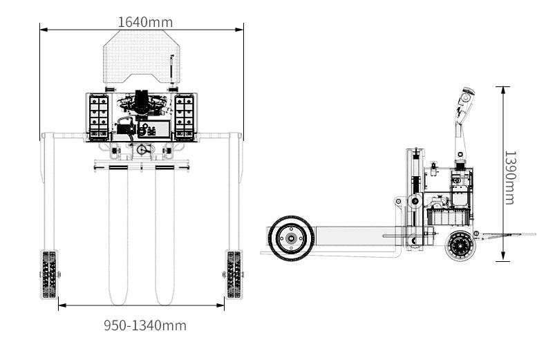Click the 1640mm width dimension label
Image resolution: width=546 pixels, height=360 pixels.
[x=145, y=22]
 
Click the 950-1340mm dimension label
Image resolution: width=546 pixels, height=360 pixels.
[x=145, y=325]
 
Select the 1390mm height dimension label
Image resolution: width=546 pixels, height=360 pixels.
[x=510, y=178]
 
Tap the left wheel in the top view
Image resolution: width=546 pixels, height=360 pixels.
[x=49, y=274]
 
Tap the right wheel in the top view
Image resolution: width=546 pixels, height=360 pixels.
[x=234, y=274]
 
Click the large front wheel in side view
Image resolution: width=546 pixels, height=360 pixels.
[x=291, y=238]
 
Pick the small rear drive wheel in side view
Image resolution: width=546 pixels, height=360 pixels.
[x=460, y=245]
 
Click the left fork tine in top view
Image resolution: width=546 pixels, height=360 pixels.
[x=118, y=235]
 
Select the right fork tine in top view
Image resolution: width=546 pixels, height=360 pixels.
[x=164, y=235]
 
